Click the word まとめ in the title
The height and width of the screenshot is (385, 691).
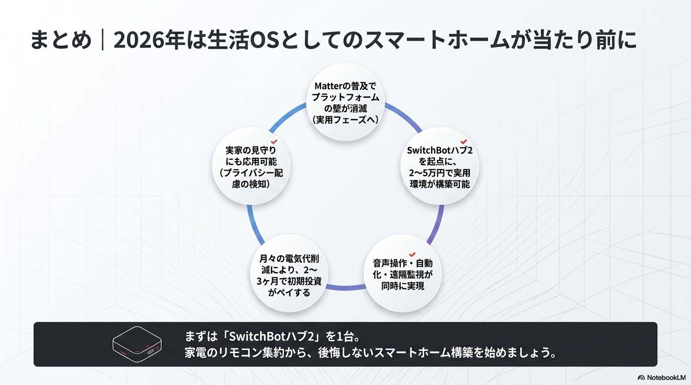point(61,41)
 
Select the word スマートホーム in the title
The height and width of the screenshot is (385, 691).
point(402,41)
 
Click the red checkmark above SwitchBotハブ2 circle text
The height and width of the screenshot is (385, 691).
point(464,142)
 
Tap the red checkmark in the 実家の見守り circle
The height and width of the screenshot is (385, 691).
point(274,142)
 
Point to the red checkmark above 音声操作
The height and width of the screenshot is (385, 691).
point(412,255)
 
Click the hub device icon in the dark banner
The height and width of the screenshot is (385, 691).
point(136,344)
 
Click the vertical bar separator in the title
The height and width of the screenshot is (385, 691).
point(102,41)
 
